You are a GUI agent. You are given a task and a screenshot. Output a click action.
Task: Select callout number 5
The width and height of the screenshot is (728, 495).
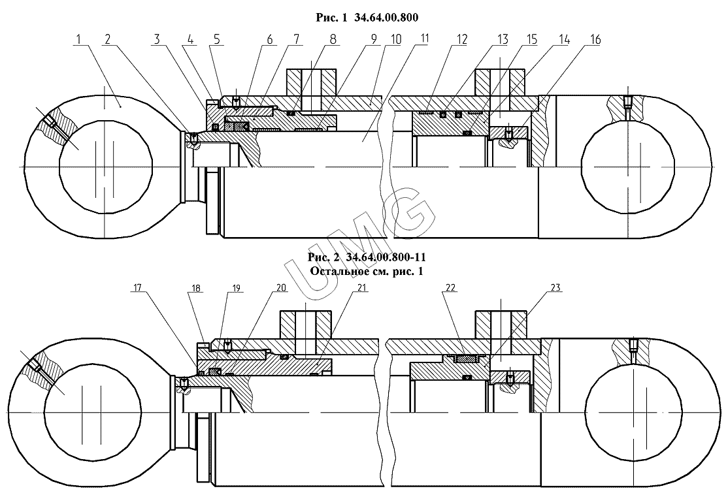tap(216, 39)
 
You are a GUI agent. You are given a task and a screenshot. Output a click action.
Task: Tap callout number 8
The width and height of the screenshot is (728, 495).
tap(333, 39)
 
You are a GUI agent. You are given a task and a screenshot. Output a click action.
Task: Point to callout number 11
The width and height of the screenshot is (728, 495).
tap(423, 39)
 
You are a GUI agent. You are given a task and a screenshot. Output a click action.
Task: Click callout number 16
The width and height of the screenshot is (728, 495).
tap(595, 40)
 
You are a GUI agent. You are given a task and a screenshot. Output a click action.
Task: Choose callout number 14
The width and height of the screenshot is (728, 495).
tap(563, 40)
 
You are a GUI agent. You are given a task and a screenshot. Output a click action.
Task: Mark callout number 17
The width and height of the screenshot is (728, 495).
tap(137, 288)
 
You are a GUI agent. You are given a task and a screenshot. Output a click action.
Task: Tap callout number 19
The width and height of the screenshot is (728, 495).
tap(237, 288)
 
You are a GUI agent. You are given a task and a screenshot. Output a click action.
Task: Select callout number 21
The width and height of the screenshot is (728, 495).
tap(361, 288)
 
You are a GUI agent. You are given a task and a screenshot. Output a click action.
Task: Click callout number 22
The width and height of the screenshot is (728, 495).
tap(450, 288)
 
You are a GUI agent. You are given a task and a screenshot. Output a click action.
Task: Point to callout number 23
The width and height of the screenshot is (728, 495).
tap(555, 288)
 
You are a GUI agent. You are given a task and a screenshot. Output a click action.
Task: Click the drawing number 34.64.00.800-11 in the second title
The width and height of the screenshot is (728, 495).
tap(386, 257)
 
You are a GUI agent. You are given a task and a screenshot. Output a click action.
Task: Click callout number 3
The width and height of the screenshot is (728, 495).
tap(157, 39)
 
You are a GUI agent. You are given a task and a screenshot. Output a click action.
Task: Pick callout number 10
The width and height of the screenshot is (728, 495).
tap(395, 39)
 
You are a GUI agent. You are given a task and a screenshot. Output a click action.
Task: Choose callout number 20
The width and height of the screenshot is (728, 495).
tap(282, 288)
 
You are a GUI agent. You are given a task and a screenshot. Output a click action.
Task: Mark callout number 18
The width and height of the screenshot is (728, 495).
tap(195, 288)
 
